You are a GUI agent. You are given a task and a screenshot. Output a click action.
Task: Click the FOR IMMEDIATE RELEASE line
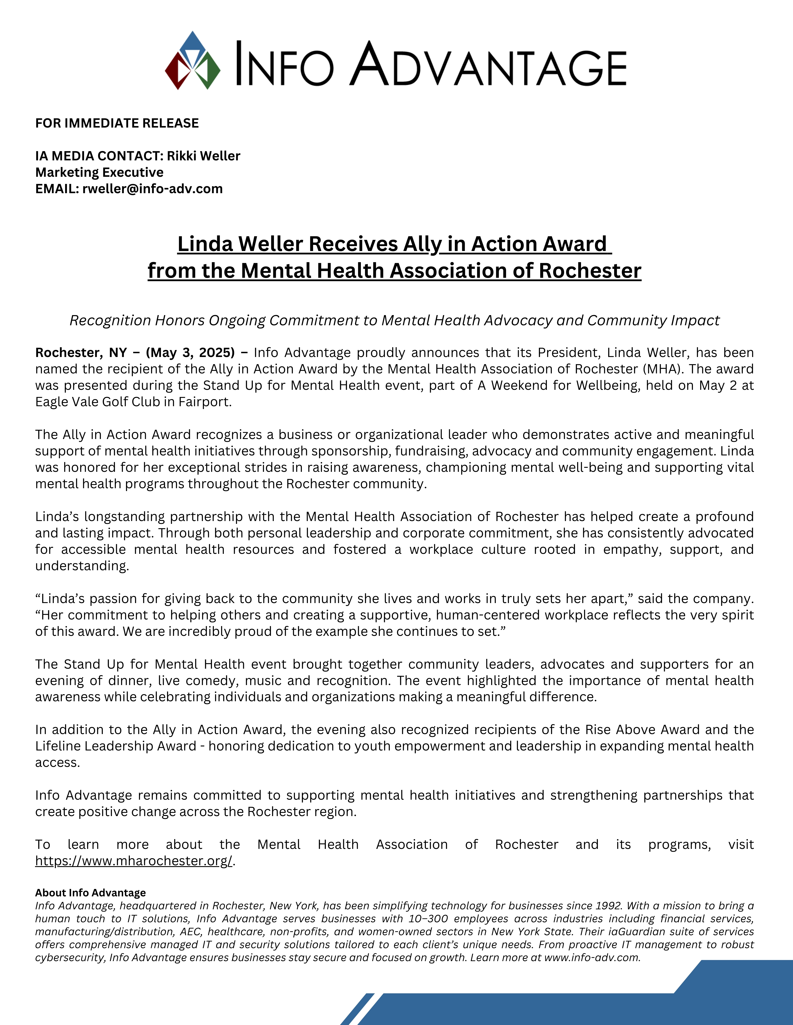117,123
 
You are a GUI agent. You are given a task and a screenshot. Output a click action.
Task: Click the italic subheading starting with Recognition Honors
395,321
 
